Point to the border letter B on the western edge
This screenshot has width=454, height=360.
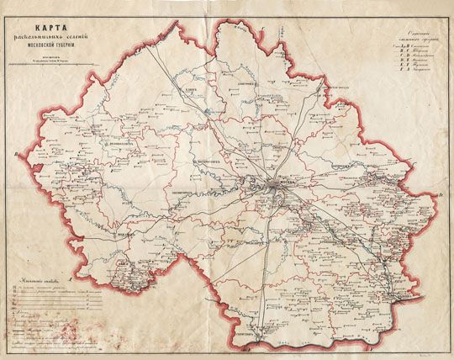pyautogui.click(x=17, y=152)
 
